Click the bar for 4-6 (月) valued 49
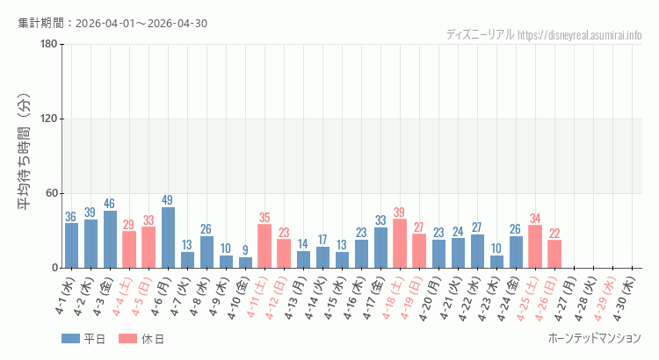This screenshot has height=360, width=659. point(168,238)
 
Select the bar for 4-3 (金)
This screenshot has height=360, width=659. point(110,240)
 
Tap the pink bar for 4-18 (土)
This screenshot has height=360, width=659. point(400,244)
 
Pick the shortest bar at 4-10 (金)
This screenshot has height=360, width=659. point(245,263)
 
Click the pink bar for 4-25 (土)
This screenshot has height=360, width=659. point(535,247)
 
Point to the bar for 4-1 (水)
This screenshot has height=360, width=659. point(71,246)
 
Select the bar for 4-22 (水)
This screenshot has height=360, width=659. point(477,251)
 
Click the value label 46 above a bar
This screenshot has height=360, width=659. point(110,204)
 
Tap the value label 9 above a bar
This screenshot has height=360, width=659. point(245,250)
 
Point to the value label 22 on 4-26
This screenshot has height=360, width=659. point(554,234)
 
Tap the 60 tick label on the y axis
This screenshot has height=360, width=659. point(51,193)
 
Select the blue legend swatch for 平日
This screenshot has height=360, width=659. point(70,339)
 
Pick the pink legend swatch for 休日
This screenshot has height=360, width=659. point(127,339)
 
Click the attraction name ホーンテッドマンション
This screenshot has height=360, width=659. point(594,338)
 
